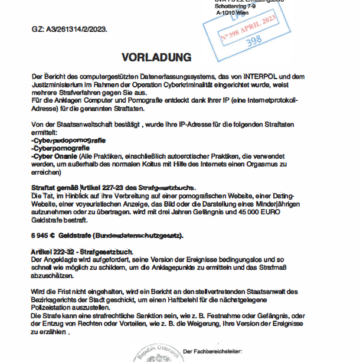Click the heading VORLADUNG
tap(156, 57)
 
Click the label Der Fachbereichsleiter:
tap(212, 352)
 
